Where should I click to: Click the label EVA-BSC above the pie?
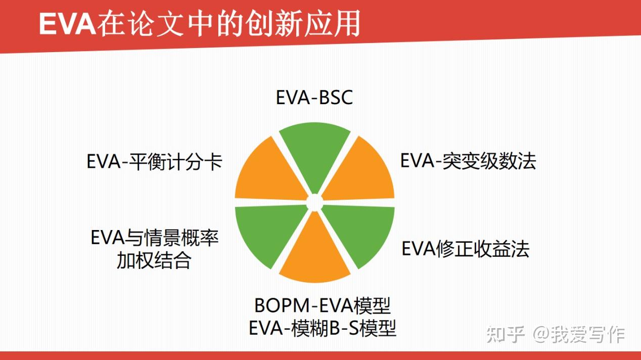[314, 98]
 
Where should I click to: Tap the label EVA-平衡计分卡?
[155, 163]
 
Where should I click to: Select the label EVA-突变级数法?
[468, 161]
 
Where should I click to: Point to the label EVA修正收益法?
[465, 249]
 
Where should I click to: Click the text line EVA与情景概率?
[155, 238]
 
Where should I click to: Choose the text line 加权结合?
[154, 261]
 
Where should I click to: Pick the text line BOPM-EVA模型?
[322, 306]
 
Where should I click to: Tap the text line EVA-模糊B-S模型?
[322, 329]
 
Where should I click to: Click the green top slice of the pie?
[314, 157]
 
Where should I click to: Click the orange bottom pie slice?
[314, 250]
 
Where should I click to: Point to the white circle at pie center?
[314, 203]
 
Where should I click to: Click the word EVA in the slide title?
[67, 24]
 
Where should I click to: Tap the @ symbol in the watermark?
[540, 335]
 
